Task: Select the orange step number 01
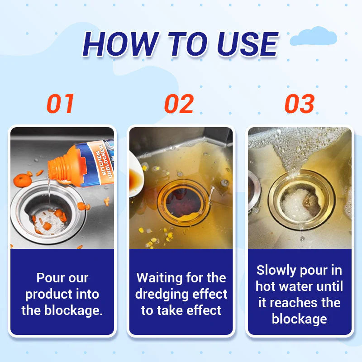point(61,104)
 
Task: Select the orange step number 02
point(179,104)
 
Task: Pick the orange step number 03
point(299,104)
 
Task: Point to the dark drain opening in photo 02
point(181,202)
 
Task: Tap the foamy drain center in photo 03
point(299,204)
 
